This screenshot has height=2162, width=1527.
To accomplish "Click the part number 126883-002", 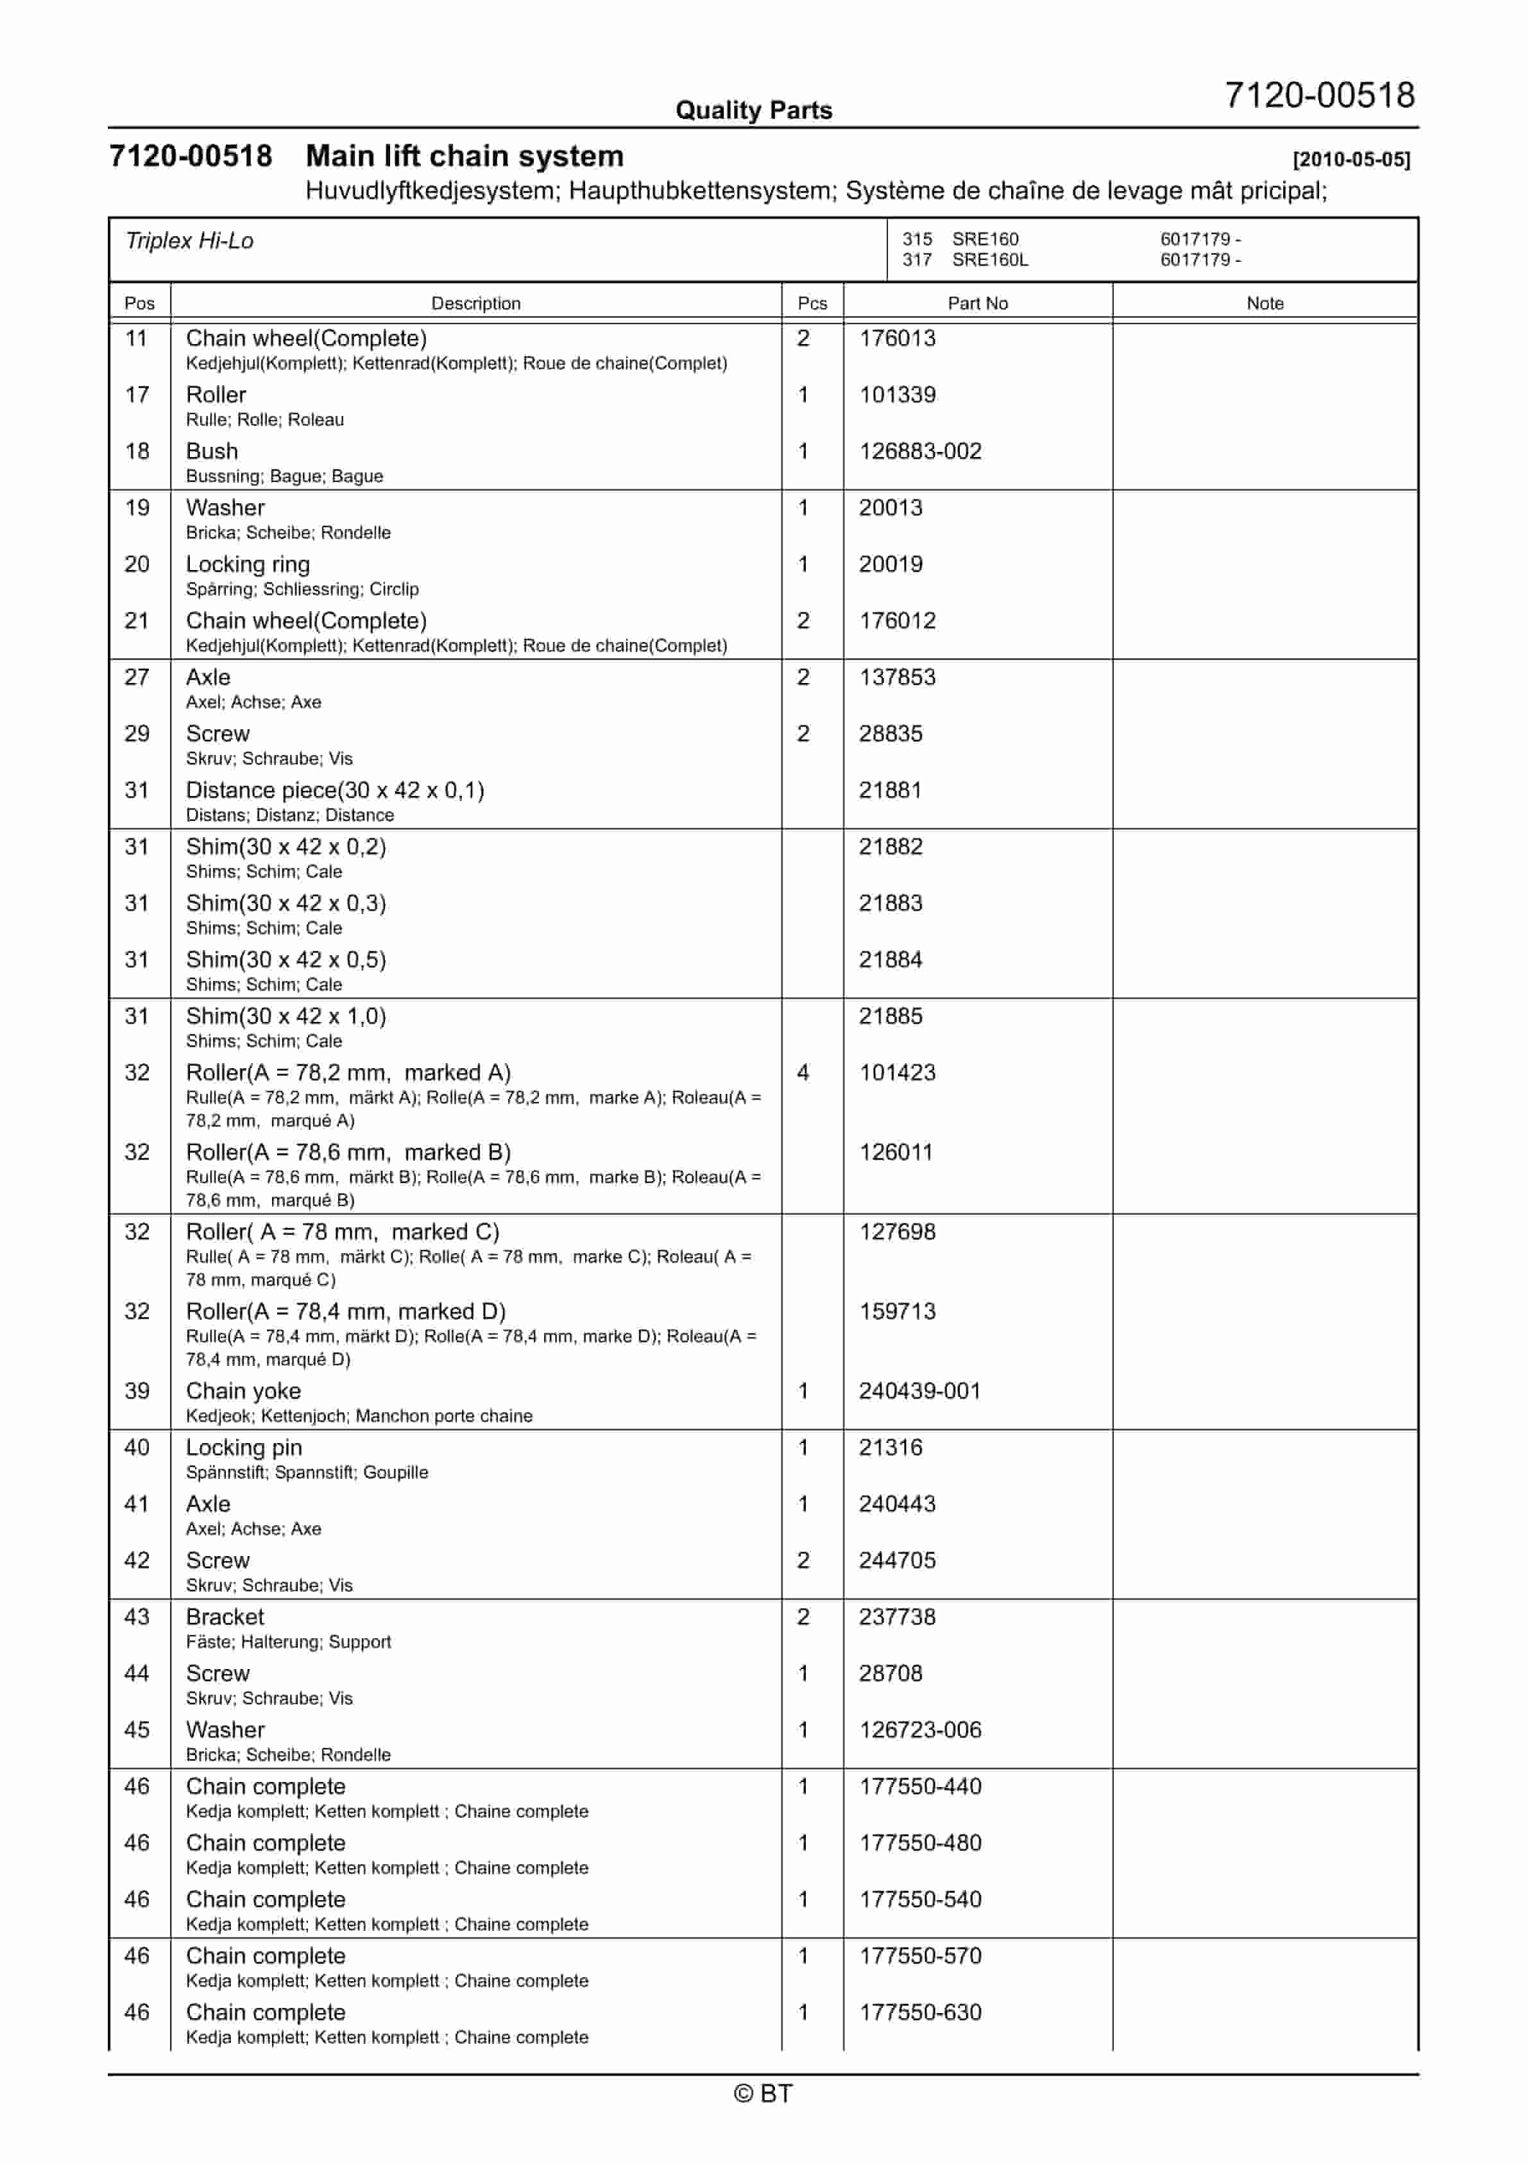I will click(x=920, y=451).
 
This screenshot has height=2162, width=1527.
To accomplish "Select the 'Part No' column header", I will click(x=977, y=303).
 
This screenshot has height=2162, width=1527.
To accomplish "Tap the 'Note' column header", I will click(x=1265, y=303).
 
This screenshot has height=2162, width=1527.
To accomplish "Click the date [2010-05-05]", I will click(x=1351, y=159).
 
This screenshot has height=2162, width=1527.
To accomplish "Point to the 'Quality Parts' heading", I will click(x=753, y=110).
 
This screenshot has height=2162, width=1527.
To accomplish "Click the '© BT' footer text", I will click(x=763, y=2093).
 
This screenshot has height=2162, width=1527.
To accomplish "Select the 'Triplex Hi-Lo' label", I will click(x=189, y=241).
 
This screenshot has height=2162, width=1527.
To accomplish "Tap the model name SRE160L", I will click(x=989, y=260).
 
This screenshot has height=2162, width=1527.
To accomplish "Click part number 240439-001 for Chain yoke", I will click(x=919, y=1391).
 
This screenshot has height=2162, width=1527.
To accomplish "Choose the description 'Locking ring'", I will click(x=248, y=564).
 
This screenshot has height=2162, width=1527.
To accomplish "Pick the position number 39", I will click(x=137, y=1391).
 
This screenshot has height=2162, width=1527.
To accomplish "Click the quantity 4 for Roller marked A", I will click(x=803, y=1073).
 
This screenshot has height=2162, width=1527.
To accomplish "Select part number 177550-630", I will click(x=920, y=2012).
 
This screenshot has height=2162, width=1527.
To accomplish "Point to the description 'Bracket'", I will click(x=225, y=1617).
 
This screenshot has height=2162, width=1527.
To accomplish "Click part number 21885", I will click(x=891, y=1016).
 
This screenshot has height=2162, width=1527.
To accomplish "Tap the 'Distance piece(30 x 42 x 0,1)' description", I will click(x=335, y=790).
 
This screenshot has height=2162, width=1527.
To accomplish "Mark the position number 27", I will click(x=137, y=677).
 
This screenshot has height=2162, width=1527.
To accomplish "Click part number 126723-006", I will click(x=920, y=1730).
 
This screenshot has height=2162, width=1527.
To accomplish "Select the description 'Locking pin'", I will click(x=244, y=1448).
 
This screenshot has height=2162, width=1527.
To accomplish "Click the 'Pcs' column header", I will click(x=812, y=303).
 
